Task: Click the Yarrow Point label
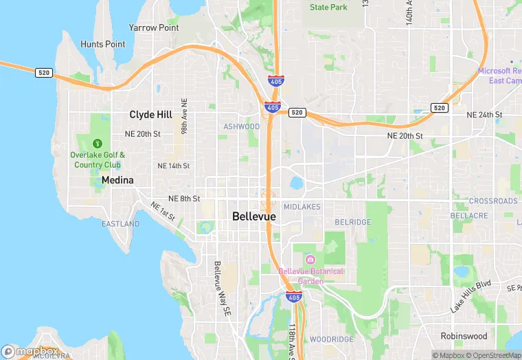[x=154, y=28]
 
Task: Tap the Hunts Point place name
[x=103, y=45]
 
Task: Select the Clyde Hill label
[x=151, y=115]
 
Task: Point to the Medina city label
[x=117, y=181]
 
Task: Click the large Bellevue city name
[x=254, y=216]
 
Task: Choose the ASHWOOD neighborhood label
[x=242, y=127]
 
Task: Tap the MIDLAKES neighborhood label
[x=302, y=207]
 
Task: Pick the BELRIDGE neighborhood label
[x=352, y=223]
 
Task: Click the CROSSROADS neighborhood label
[x=493, y=201]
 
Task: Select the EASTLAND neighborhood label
[x=121, y=224]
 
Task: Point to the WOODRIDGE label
[x=331, y=339]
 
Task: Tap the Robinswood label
[x=464, y=337]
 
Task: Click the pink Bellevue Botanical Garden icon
[x=310, y=259]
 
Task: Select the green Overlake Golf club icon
[x=98, y=144]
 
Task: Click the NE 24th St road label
[x=484, y=114]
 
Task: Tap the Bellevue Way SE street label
[x=222, y=289]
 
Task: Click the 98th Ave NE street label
[x=184, y=116]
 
